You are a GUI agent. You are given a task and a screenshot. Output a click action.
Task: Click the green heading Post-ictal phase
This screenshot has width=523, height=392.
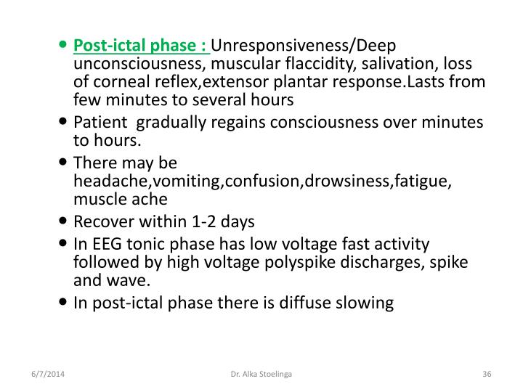pyautogui.click(x=141, y=46)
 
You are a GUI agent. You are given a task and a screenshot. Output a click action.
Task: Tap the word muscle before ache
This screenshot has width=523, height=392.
pyautogui.click(x=98, y=199)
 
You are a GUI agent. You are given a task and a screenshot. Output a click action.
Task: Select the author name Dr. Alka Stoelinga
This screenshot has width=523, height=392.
pyautogui.click(x=261, y=374)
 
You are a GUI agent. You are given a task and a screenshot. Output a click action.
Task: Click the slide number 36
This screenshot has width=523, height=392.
pyautogui.click(x=487, y=374)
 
